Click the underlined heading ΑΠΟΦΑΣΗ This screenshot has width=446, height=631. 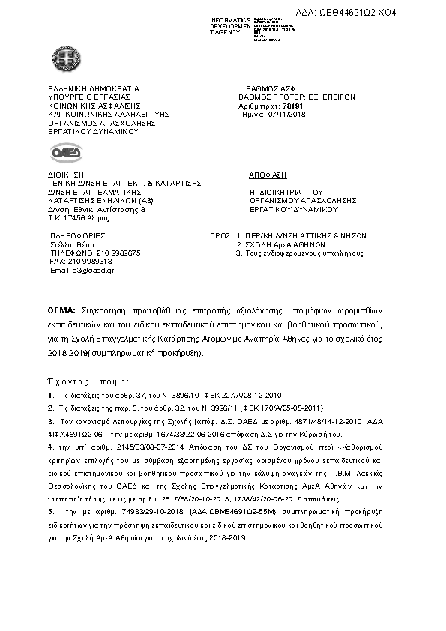(x=267, y=172)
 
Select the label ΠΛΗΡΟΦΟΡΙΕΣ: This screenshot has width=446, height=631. (x=78, y=236)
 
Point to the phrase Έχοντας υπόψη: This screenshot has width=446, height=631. (x=83, y=381)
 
